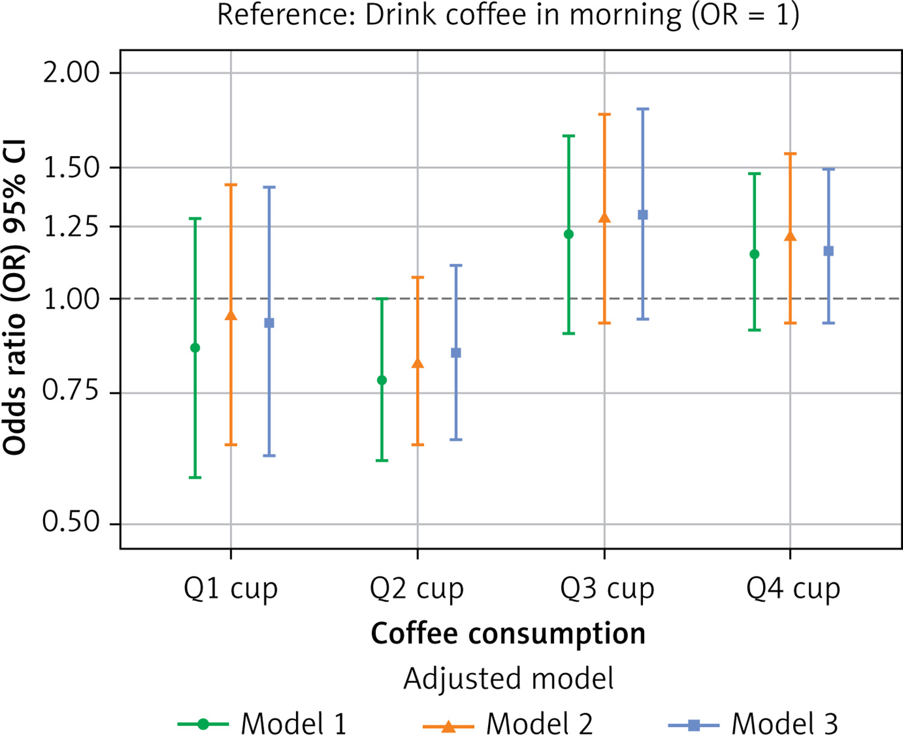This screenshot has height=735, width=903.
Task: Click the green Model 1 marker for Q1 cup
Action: (x=195, y=348)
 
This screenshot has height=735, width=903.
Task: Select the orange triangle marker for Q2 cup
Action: (x=418, y=363)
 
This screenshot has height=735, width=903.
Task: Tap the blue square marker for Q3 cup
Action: (x=642, y=215)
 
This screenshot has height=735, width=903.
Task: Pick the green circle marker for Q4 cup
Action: (x=755, y=254)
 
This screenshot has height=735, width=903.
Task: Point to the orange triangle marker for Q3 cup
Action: (x=605, y=218)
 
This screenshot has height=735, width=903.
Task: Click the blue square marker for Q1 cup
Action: (x=269, y=323)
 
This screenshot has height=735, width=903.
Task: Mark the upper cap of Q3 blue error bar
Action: (x=642, y=109)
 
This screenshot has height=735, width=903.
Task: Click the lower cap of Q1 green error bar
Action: (x=195, y=477)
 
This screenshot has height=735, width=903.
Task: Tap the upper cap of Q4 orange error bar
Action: (x=791, y=154)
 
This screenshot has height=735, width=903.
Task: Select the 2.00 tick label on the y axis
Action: (x=71, y=73)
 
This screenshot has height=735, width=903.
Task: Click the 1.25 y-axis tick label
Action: (x=71, y=227)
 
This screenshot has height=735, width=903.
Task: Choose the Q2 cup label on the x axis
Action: (x=417, y=589)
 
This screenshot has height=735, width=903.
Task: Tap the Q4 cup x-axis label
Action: (x=793, y=589)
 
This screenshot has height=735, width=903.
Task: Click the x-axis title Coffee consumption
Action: (x=508, y=634)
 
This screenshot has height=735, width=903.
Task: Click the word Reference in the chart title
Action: (x=279, y=15)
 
